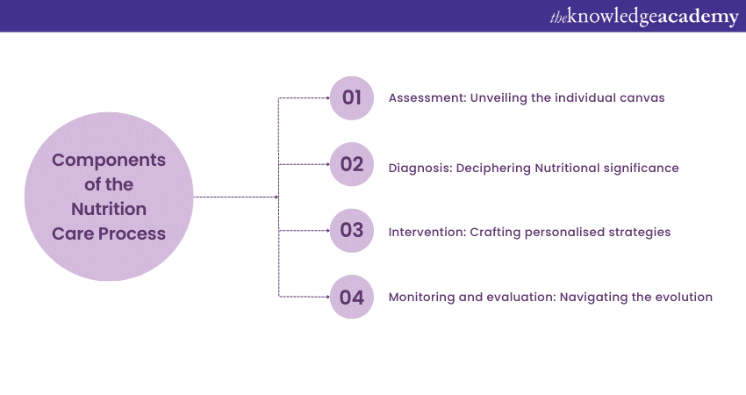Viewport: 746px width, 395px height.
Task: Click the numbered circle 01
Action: [x=352, y=98]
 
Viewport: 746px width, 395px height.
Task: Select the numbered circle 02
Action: [x=352, y=164]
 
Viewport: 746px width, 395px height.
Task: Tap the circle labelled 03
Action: [x=352, y=230]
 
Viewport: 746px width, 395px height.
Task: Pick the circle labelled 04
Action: [x=352, y=297]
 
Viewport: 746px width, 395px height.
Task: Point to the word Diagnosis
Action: [x=420, y=169]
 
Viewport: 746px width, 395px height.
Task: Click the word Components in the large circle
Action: [x=109, y=161]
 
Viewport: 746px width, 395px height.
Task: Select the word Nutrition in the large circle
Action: [x=109, y=209]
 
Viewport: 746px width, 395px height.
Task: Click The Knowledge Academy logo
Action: [x=644, y=17]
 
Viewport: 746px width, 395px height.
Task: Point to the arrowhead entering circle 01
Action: [x=328, y=98]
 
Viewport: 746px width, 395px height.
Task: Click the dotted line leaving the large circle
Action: [x=236, y=197]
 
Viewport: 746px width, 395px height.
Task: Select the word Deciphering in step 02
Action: [x=494, y=169]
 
